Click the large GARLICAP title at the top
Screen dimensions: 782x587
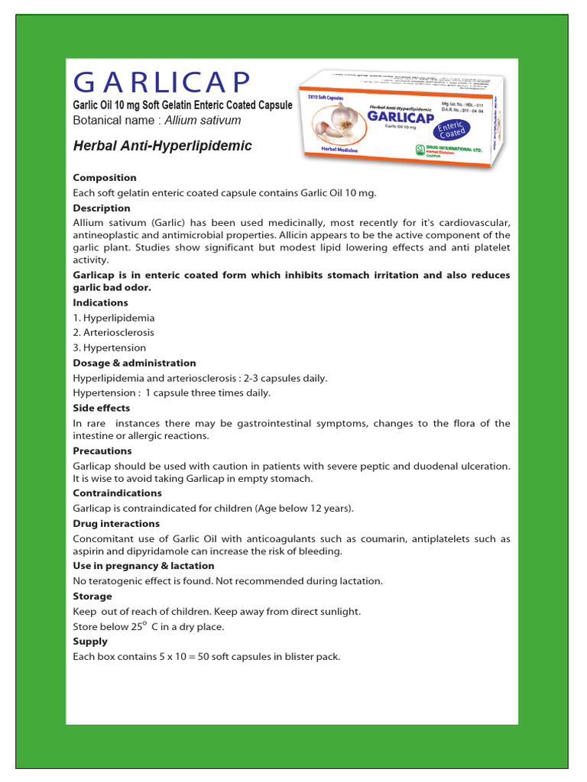(x=161, y=82)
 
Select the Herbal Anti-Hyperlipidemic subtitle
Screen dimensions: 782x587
(x=162, y=146)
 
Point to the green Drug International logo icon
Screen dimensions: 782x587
(x=420, y=150)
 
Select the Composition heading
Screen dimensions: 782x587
(x=104, y=177)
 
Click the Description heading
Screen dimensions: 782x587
(x=102, y=208)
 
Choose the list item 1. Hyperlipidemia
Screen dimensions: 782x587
(x=114, y=318)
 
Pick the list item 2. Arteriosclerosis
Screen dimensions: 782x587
(x=114, y=333)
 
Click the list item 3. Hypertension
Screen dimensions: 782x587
(x=110, y=348)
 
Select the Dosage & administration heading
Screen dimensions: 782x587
(x=135, y=363)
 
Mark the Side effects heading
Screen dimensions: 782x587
(x=102, y=409)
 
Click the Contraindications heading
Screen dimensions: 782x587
(x=117, y=493)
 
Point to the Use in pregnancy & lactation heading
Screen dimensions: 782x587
(x=144, y=566)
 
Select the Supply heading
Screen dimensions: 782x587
(x=90, y=641)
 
